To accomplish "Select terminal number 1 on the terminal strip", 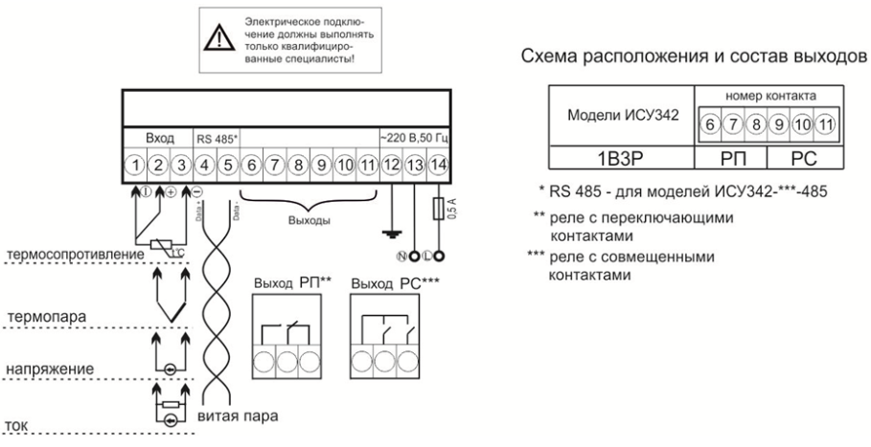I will pos(137,165).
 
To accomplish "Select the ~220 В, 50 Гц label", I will pos(414,139).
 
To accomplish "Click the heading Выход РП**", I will pos(290,283).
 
